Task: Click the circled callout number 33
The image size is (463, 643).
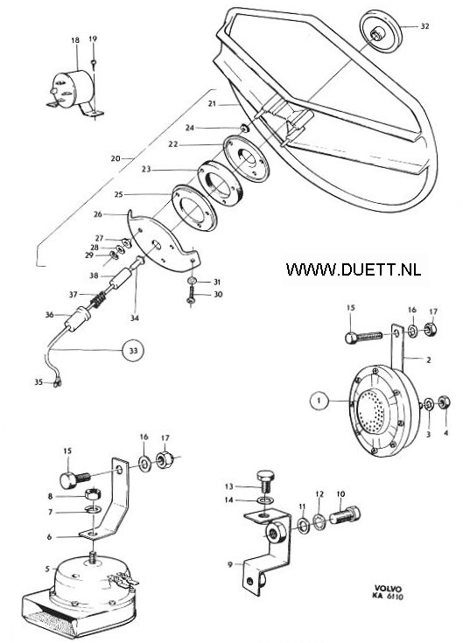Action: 133,350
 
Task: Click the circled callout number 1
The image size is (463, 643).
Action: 320,401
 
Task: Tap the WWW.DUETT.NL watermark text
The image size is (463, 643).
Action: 354,269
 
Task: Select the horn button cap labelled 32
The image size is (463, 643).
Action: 380,33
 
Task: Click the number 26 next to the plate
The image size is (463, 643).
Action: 98,214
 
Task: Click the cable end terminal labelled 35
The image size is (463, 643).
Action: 55,383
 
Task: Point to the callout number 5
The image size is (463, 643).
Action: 47,569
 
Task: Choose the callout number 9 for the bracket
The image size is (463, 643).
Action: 230,564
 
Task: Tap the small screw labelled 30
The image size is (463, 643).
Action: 191,296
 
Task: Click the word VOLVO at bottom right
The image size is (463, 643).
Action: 388,588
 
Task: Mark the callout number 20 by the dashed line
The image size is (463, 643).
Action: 116,158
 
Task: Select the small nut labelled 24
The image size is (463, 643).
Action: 244,129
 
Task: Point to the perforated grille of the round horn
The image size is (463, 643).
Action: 372,411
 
